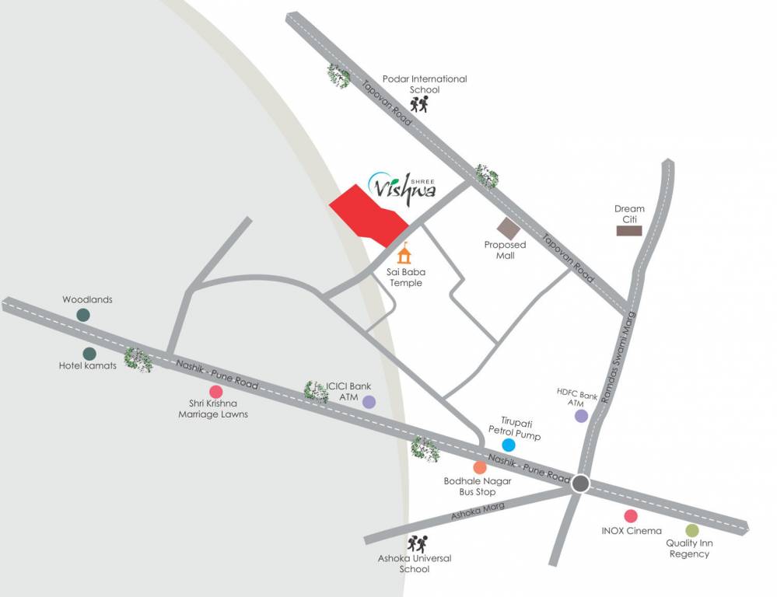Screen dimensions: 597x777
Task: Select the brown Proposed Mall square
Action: [508, 229]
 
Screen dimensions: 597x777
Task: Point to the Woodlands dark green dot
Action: [83, 315]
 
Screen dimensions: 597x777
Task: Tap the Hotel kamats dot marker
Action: [89, 354]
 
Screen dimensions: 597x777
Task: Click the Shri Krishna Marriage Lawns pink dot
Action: [216, 391]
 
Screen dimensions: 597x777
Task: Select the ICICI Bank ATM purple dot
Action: [369, 402]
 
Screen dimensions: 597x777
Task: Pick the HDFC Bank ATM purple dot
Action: [581, 416]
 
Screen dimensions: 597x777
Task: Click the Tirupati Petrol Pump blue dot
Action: [509, 445]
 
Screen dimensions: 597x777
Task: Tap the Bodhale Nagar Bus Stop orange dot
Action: [480, 467]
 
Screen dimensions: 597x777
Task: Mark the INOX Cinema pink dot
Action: [630, 515]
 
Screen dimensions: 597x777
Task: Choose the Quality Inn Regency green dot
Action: [692, 530]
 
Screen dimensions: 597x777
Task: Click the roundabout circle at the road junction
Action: [580, 484]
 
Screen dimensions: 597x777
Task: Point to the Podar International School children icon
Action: [420, 105]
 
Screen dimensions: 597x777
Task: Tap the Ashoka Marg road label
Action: [478, 511]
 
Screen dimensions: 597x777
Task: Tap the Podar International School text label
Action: [425, 84]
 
